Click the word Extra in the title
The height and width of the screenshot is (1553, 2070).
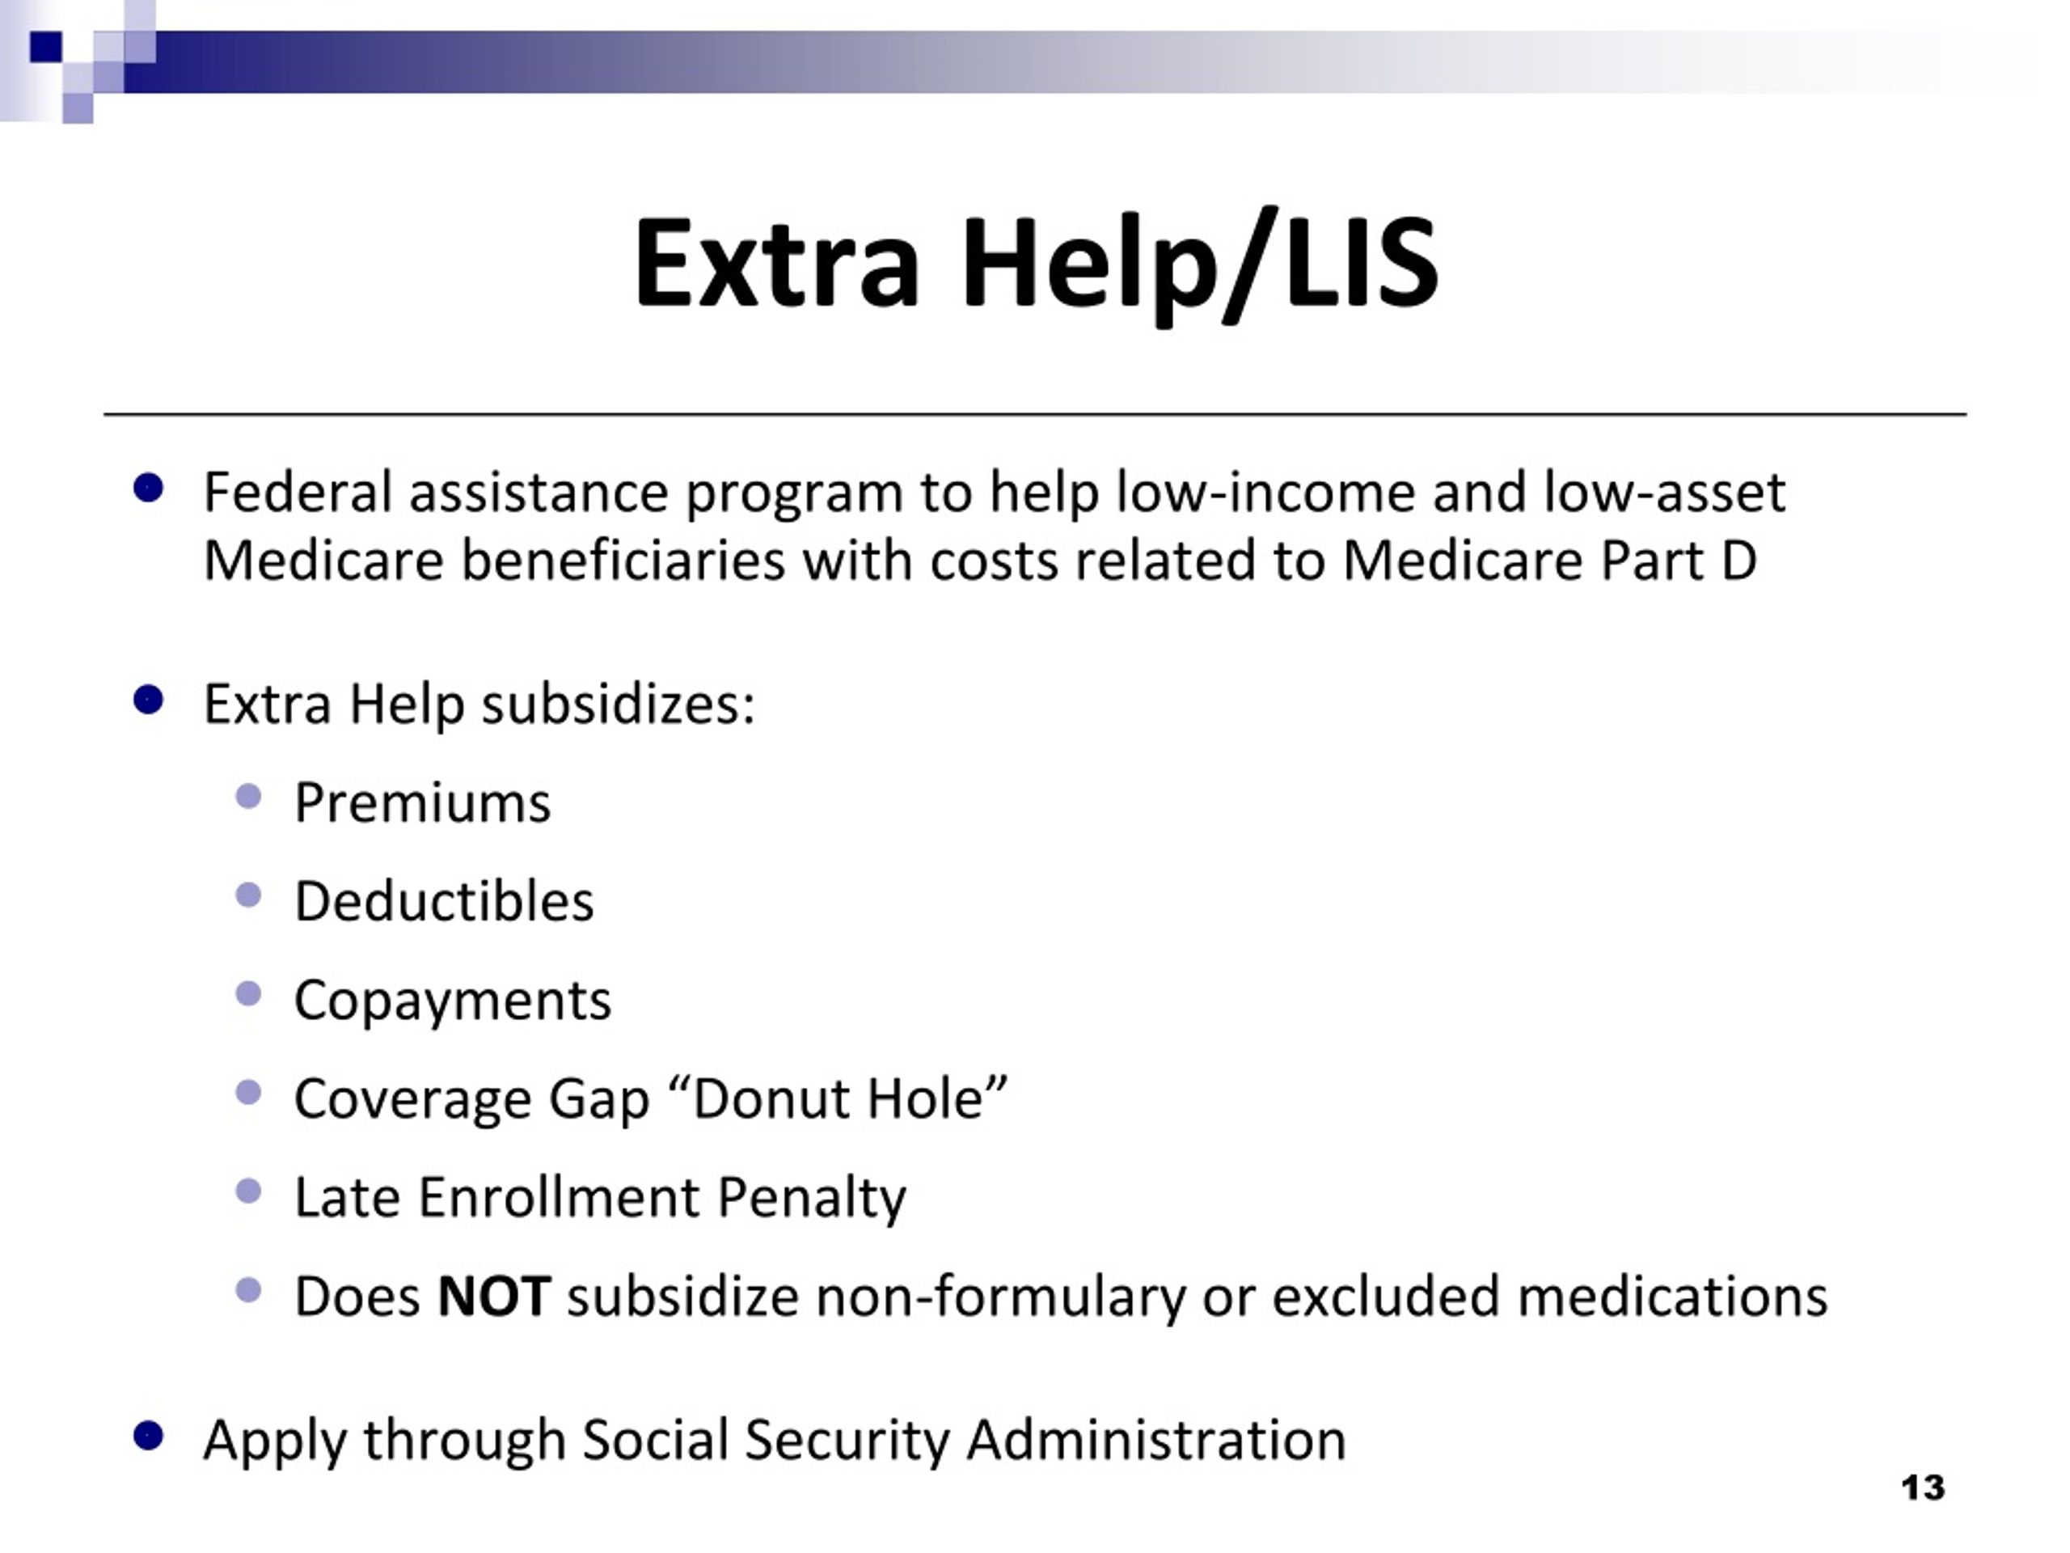click(x=775, y=263)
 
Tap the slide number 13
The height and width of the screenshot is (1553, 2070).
click(x=1923, y=1487)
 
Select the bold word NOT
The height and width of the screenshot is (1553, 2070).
click(x=493, y=1297)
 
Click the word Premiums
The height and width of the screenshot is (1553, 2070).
click(x=422, y=803)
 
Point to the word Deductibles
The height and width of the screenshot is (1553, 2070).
click(x=444, y=902)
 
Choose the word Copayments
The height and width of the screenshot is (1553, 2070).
click(x=452, y=1001)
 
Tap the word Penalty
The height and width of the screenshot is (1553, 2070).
click(x=811, y=1197)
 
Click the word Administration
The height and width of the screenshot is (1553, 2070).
click(x=1155, y=1440)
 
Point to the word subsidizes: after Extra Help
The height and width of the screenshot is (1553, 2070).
click(x=618, y=704)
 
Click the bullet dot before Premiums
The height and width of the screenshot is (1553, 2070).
click(x=249, y=798)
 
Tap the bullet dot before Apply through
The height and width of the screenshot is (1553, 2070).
click(x=149, y=1435)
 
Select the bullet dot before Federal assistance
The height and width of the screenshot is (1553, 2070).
click(x=149, y=488)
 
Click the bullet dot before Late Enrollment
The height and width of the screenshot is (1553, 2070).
click(x=249, y=1191)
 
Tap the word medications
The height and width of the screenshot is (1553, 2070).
click(x=1671, y=1297)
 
